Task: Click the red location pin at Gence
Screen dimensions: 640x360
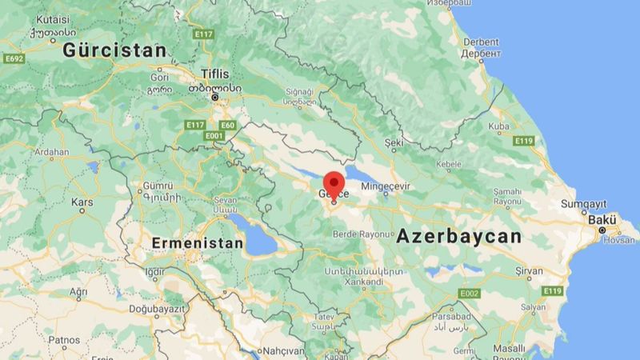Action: (x=334, y=182)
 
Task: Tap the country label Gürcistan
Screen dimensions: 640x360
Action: (x=115, y=50)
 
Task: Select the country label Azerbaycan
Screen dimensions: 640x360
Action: (x=459, y=237)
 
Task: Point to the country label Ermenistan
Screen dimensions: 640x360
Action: (x=198, y=242)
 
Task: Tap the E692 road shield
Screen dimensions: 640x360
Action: (x=14, y=58)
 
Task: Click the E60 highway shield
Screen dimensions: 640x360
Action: (x=228, y=126)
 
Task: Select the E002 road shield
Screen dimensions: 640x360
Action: (x=469, y=294)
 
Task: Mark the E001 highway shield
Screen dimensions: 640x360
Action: (x=214, y=136)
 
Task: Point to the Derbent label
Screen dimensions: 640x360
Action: (x=481, y=42)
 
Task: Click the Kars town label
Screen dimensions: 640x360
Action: (x=82, y=202)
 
